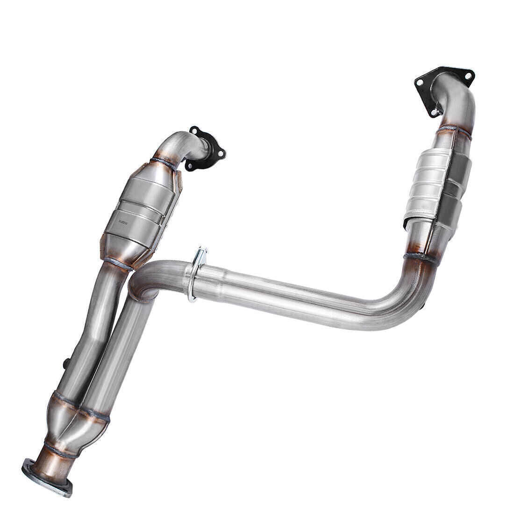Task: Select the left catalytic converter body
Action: (x=140, y=210)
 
